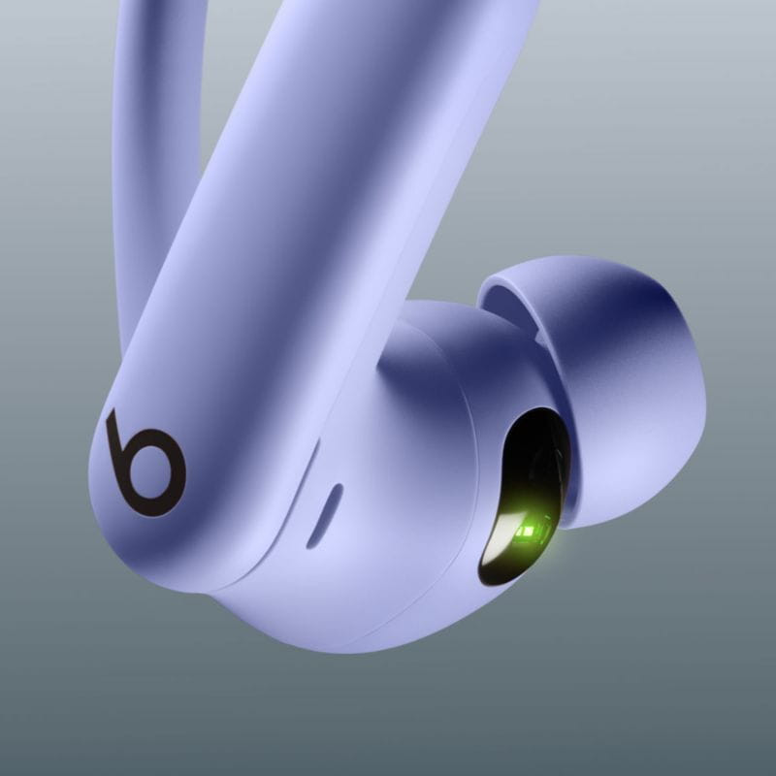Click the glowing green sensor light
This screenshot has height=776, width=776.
point(529,531)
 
